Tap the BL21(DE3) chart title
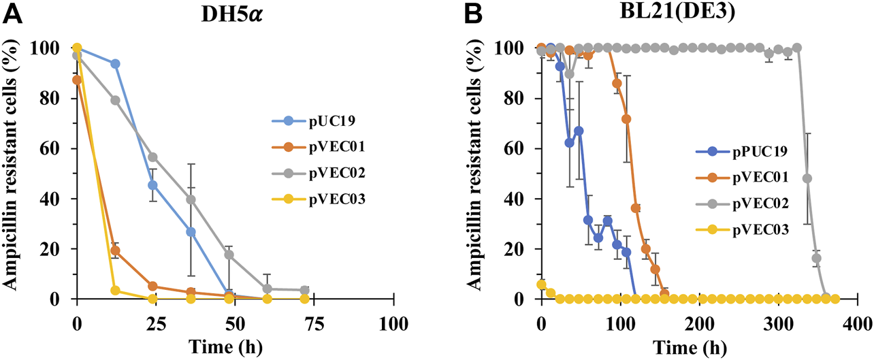(x=685, y=11)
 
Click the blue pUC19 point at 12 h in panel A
(x=115, y=63)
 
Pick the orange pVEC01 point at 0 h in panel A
(x=77, y=80)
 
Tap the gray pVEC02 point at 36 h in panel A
(x=191, y=199)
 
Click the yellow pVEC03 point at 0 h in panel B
(x=542, y=284)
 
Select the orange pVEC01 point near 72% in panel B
(x=626, y=118)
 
